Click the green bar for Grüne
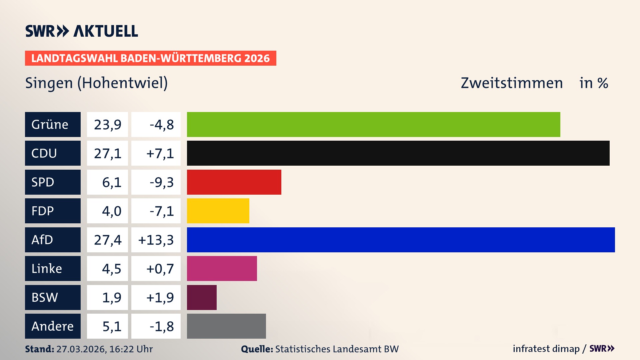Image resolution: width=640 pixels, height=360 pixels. (373, 124)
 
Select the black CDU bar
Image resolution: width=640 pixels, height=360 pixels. (398, 153)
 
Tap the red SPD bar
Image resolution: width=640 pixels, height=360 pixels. (234, 182)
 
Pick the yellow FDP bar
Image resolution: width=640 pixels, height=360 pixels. (218, 211)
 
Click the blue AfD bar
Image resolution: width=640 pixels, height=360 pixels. (401, 240)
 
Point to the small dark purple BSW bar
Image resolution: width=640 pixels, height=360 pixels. (202, 297)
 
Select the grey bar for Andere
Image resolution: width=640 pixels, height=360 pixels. (226, 326)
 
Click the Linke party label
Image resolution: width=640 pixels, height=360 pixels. (53, 268)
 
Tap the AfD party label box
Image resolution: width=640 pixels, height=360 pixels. (53, 240)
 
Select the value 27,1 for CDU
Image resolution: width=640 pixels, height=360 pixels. (107, 153)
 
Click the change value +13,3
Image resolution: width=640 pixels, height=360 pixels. (156, 240)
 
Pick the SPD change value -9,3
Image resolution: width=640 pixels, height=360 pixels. (161, 182)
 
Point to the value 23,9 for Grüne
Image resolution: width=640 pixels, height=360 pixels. (107, 124)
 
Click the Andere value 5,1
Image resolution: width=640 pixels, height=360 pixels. (111, 326)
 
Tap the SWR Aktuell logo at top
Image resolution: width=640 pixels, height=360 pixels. (81, 31)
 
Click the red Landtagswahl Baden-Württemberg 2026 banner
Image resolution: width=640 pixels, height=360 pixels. (150, 58)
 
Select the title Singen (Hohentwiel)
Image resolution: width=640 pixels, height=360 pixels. (96, 83)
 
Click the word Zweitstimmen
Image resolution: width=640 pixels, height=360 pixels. (512, 83)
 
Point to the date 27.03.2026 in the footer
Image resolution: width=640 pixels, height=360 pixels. (81, 349)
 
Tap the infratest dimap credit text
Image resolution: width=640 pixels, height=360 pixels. (546, 349)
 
